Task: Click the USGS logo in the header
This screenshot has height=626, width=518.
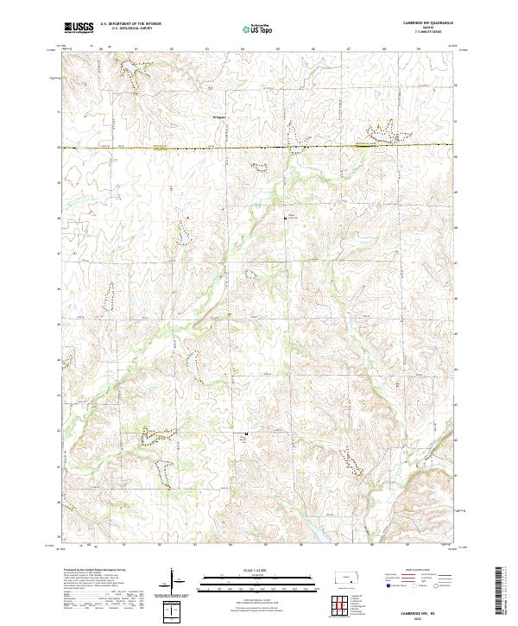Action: point(79,28)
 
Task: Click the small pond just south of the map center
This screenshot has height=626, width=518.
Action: point(252,275)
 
